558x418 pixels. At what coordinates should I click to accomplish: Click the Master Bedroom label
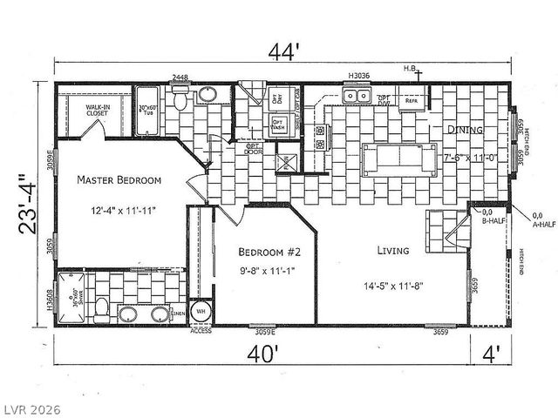coord(119,180)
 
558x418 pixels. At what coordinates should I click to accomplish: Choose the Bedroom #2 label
coord(267,252)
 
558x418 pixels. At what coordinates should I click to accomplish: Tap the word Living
coord(393,251)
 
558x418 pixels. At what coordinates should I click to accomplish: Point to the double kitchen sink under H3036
coord(358,97)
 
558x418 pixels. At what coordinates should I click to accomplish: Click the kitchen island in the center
coord(398,158)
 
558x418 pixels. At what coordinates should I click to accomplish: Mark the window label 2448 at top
coord(180,78)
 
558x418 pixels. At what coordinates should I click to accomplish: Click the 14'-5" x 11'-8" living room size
coord(395,287)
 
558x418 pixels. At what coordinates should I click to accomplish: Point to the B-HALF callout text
coord(493,220)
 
